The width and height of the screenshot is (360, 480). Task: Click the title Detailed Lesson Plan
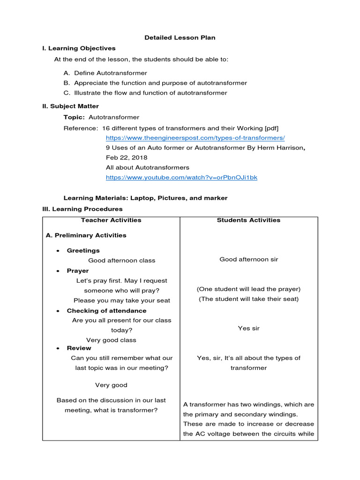180,37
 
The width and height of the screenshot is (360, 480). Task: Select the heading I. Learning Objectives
79,48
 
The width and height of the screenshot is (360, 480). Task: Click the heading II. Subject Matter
70,106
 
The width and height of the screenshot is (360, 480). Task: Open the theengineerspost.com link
195,138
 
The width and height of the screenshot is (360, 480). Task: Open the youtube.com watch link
181,178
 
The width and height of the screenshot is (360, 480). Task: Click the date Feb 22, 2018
127,157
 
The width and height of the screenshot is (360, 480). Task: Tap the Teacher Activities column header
111,220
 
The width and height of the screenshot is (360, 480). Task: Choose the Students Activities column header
248,220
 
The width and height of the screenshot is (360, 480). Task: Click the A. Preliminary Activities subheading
86,235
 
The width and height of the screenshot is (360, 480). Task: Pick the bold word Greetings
83,251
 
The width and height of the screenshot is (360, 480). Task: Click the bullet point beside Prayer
58,271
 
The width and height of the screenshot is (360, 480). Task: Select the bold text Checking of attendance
106,311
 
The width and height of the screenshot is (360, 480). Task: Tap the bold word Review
79,348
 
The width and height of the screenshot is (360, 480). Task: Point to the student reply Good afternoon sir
248,260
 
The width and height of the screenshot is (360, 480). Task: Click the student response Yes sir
248,329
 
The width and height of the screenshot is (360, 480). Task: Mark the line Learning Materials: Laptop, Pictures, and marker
145,198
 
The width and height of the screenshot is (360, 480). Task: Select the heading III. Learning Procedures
82,209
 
